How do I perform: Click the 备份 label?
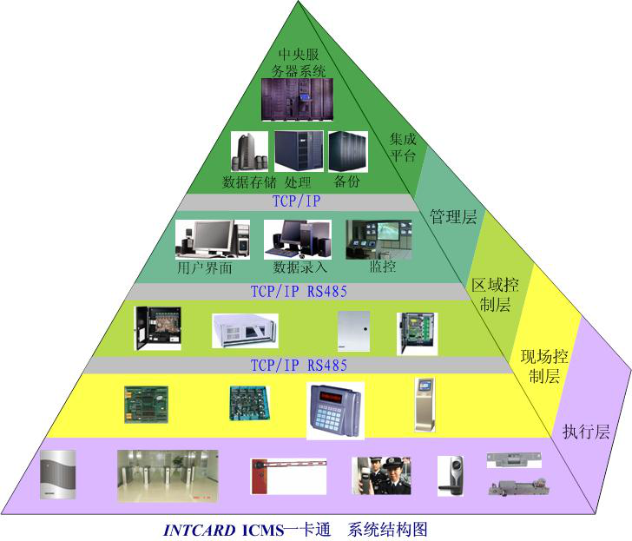[x=346, y=182]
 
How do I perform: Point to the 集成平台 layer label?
[x=403, y=148]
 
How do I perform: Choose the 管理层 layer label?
[x=453, y=216]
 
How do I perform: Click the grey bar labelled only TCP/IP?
[x=298, y=201]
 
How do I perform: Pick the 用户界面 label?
[x=205, y=268]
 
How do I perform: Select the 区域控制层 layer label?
[x=490, y=295]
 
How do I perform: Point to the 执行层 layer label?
[x=586, y=432]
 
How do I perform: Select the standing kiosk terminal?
[x=424, y=403]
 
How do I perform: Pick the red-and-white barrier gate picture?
[x=287, y=477]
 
